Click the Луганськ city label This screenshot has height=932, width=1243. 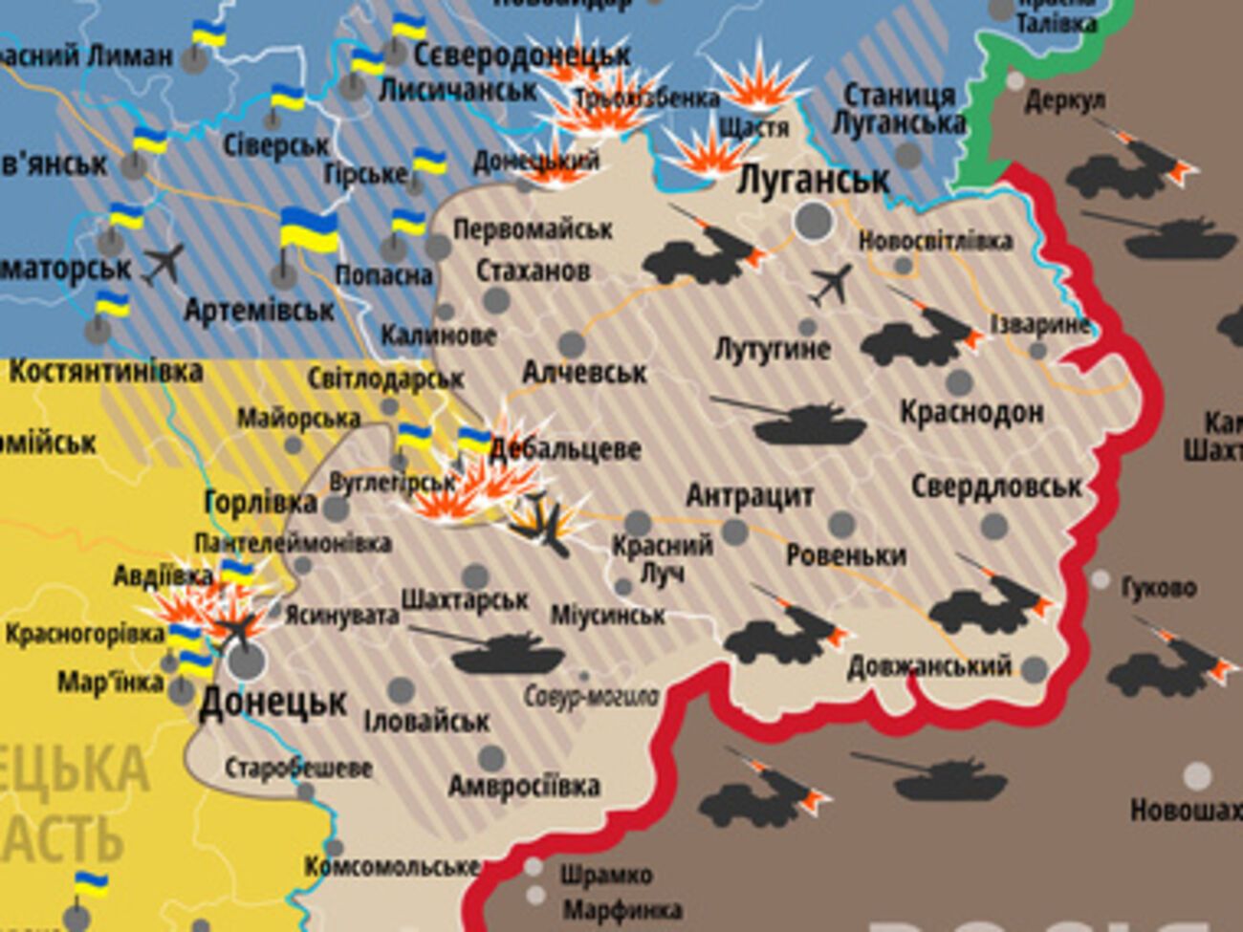coord(813,180)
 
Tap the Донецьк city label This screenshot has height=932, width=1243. coord(273,703)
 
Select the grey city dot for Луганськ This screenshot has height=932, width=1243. coord(814,221)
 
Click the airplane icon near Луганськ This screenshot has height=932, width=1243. coord(830,285)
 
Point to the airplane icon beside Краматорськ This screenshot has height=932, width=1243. coord(164,265)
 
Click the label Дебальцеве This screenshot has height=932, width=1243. coord(565,448)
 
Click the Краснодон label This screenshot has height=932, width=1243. coord(971,413)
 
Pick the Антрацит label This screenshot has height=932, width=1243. coord(751,496)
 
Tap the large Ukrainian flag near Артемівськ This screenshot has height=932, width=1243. coord(308,231)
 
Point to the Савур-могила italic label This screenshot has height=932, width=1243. coord(591,696)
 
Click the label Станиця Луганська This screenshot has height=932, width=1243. coord(898,109)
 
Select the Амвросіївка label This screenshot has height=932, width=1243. coord(524,787)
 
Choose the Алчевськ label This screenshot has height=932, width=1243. coord(584,373)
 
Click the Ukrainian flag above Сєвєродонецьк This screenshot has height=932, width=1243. coord(409,28)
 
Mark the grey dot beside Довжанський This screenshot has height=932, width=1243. coord(1034,669)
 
